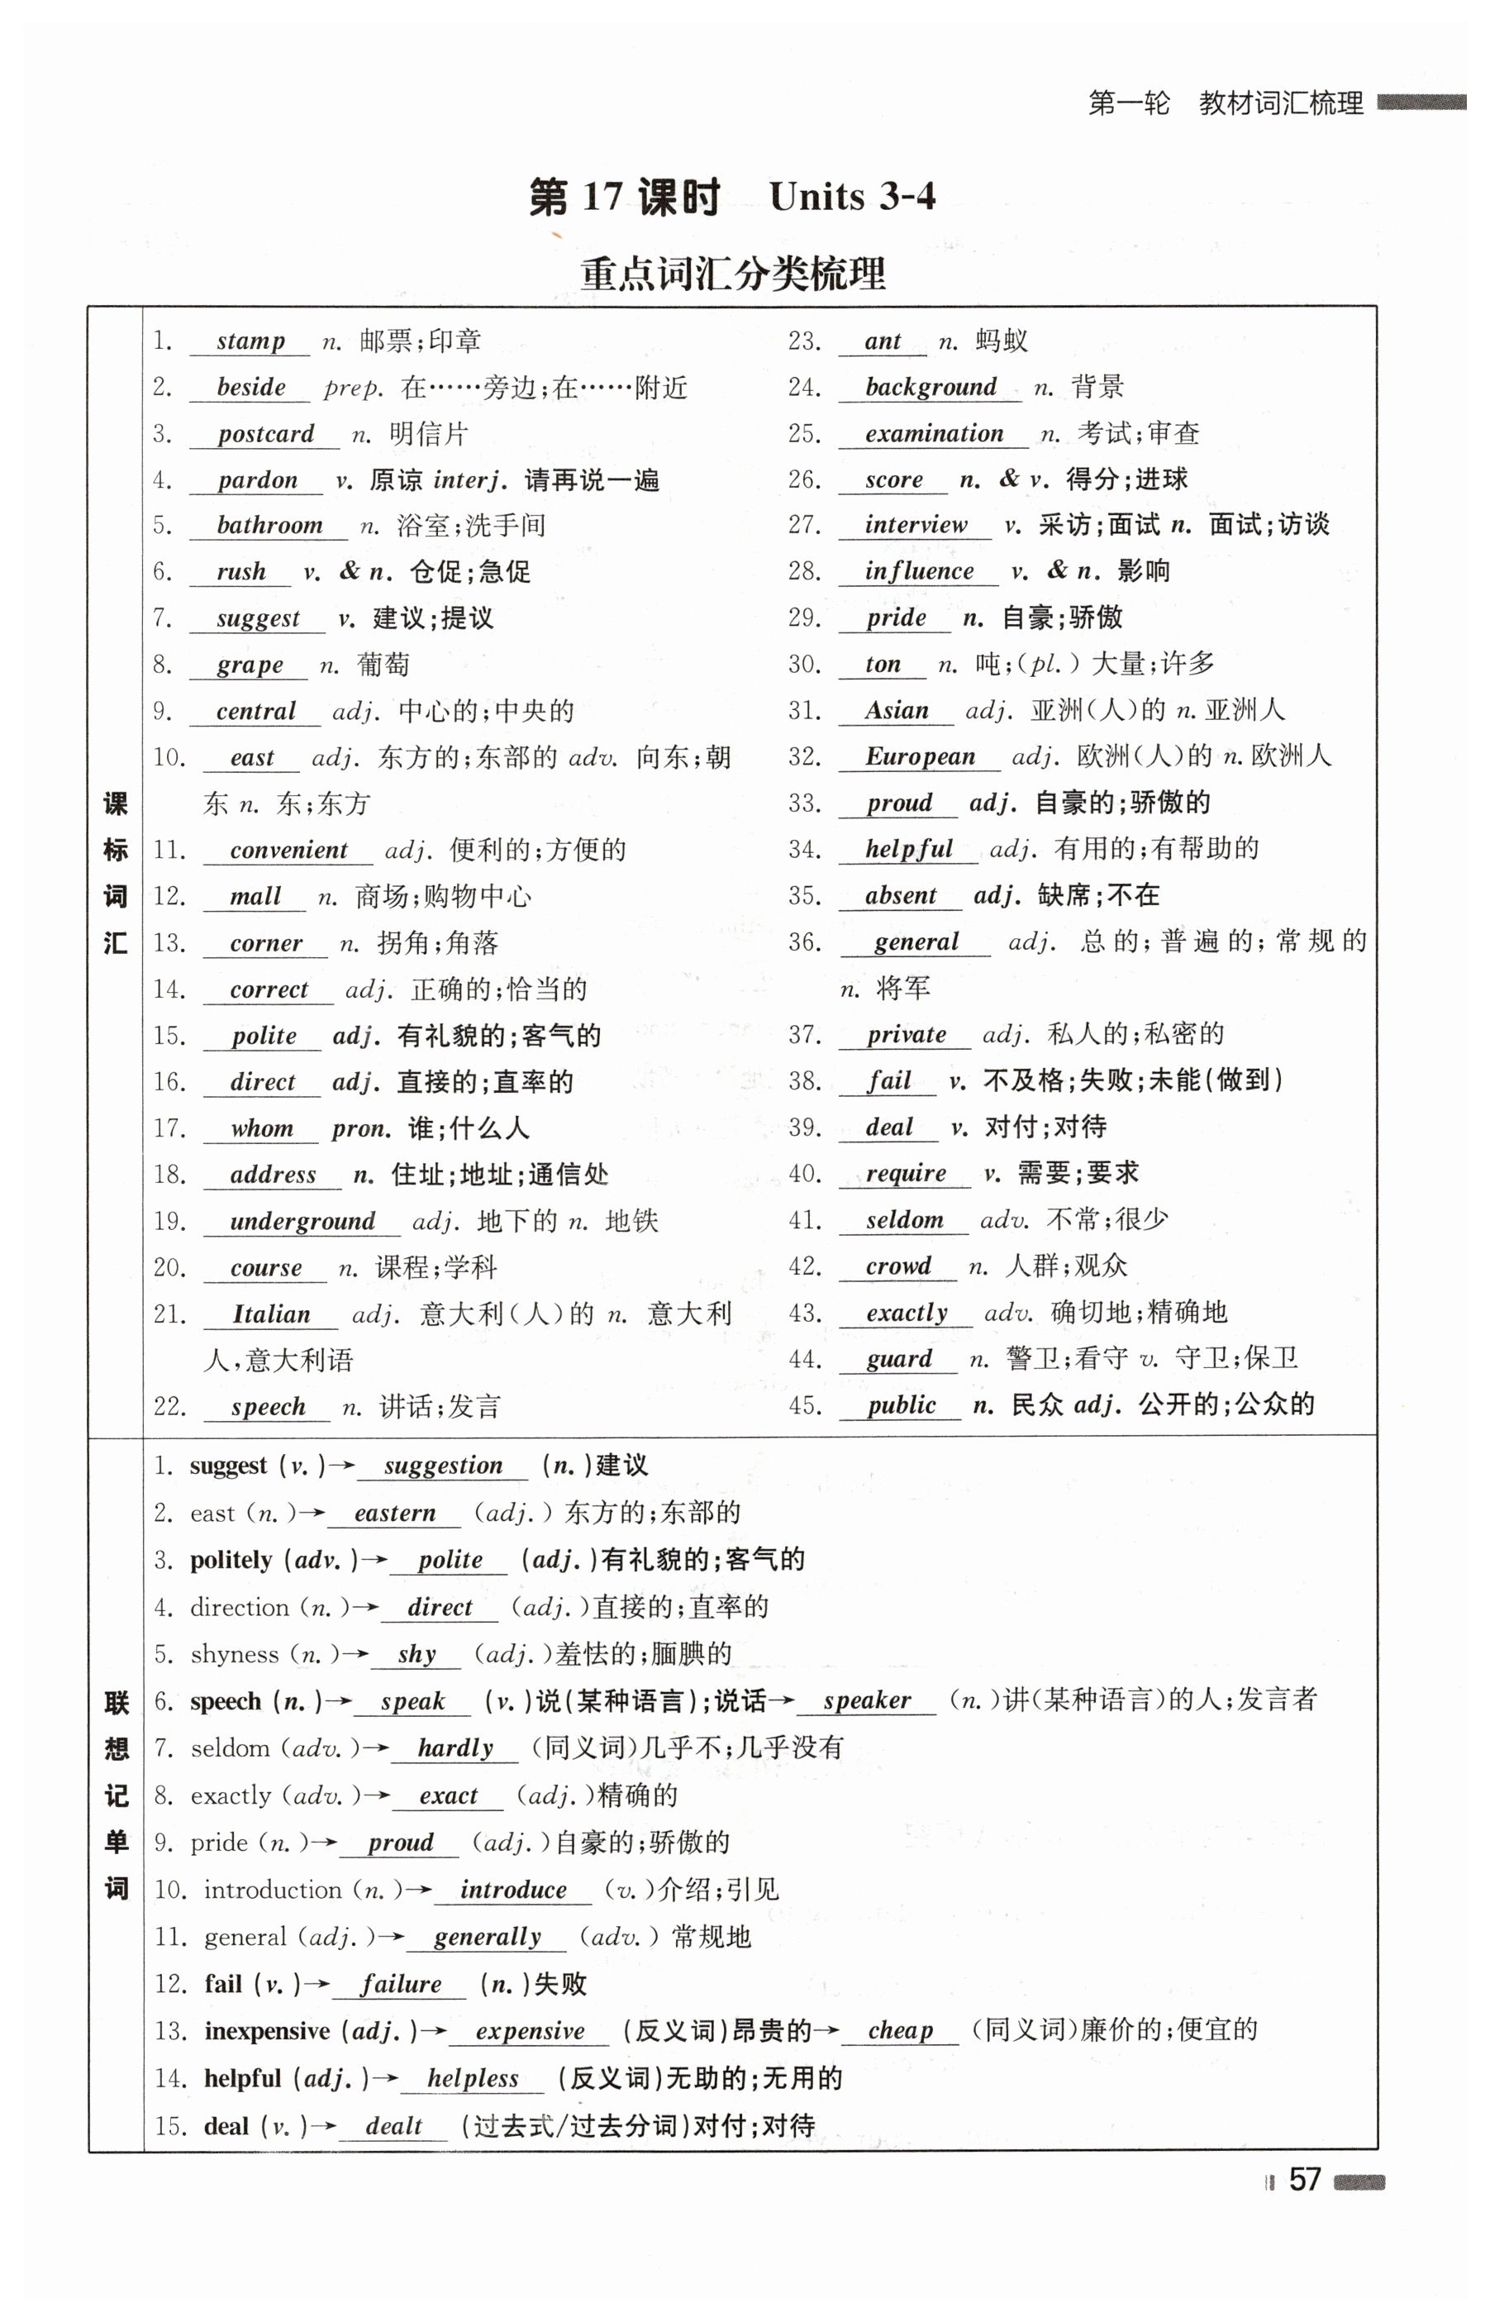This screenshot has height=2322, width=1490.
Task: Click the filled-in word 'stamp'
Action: [250, 341]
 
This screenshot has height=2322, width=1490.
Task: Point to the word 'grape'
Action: [250, 665]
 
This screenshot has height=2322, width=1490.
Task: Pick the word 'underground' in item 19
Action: [302, 1221]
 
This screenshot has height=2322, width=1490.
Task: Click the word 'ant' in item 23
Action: [883, 341]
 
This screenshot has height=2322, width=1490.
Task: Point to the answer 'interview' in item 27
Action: [916, 526]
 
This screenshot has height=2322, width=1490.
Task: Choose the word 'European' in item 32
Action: [920, 756]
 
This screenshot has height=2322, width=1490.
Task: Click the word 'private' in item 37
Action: [906, 1034]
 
